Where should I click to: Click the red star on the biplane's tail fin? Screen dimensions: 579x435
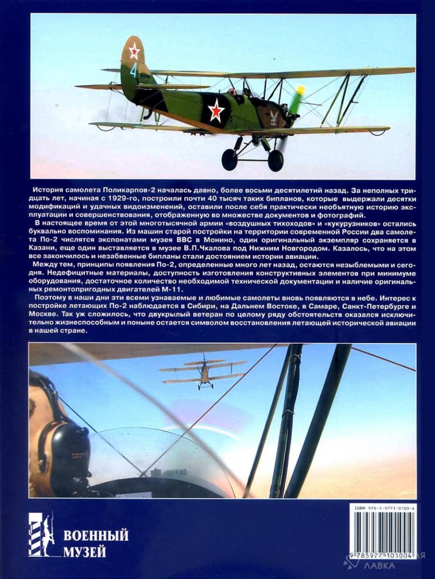coord(134,51)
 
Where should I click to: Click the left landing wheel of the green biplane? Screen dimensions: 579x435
coord(230,159)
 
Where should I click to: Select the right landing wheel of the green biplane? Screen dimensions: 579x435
coord(275,160)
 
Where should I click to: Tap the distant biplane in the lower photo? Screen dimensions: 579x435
coord(203,373)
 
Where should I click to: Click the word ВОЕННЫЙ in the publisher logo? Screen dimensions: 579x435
coord(96,535)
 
